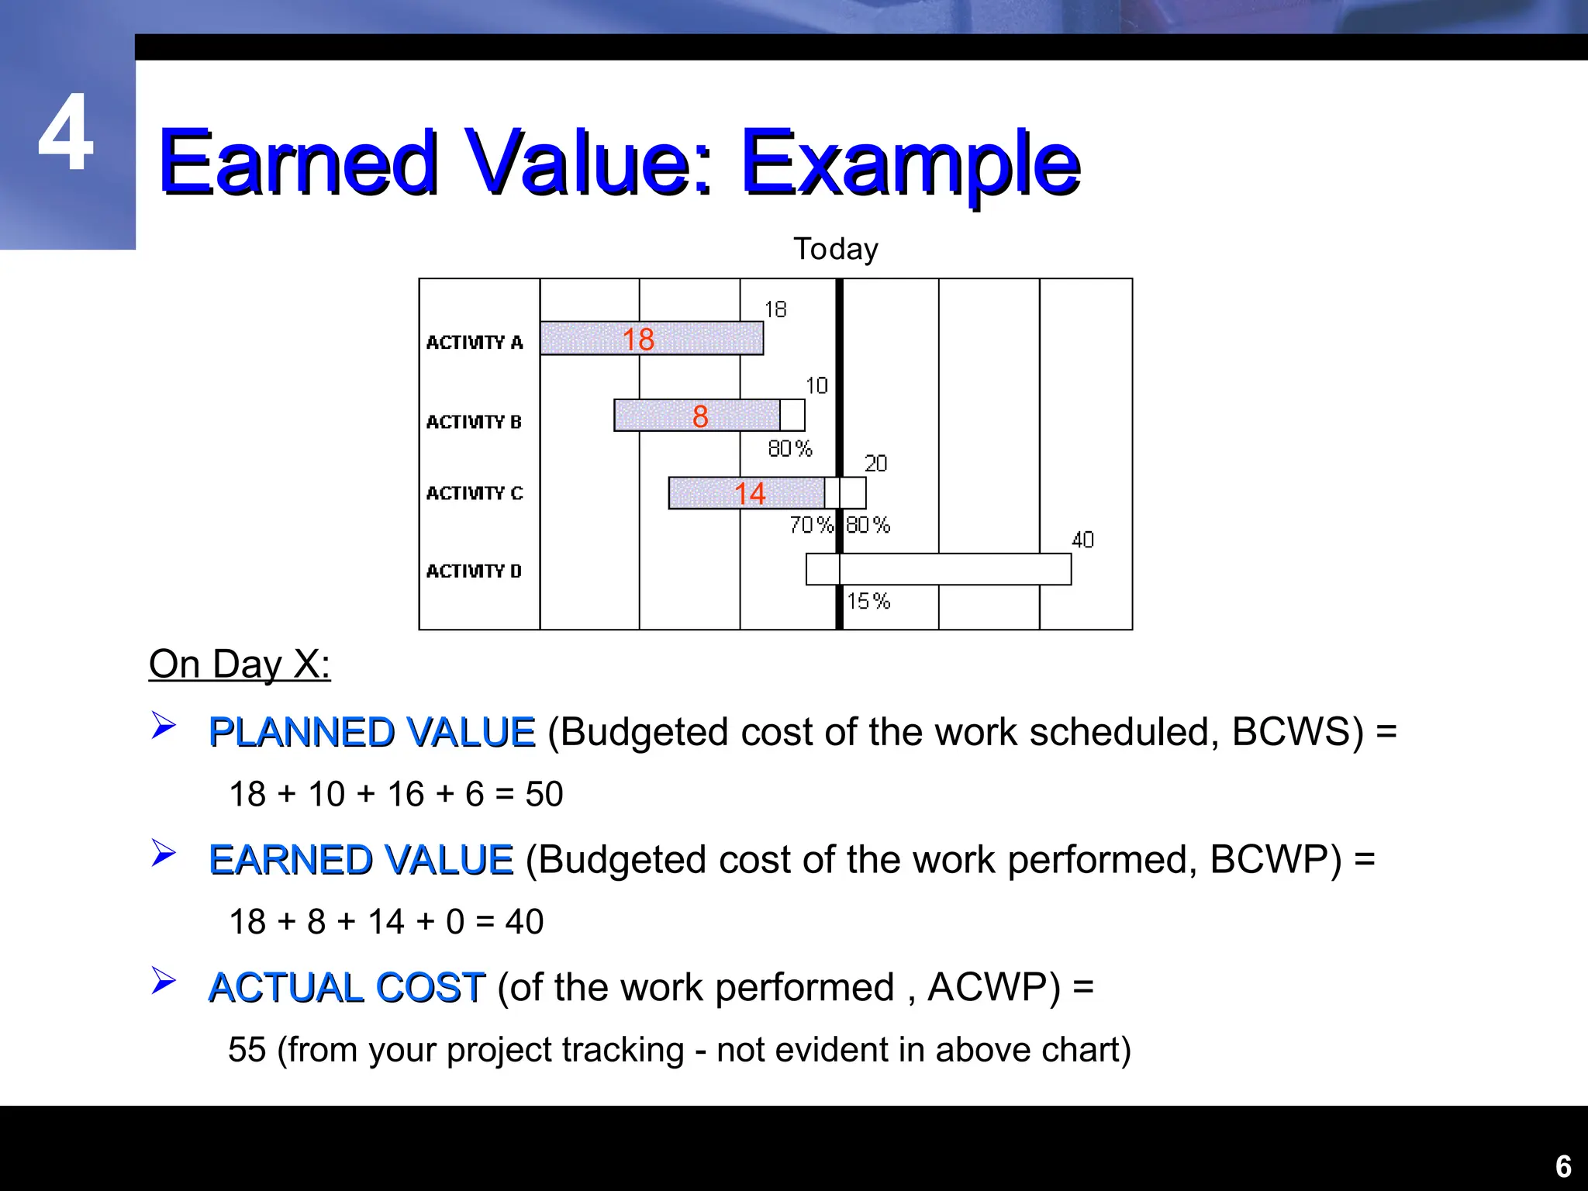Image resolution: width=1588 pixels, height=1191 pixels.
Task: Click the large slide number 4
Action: click(x=66, y=133)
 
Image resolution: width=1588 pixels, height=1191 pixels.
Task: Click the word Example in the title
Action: click(x=910, y=163)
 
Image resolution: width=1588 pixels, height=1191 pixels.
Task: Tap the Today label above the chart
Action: click(x=835, y=249)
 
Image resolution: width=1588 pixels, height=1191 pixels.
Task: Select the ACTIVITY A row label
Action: click(x=474, y=342)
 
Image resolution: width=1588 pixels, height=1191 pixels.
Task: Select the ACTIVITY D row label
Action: click(x=473, y=571)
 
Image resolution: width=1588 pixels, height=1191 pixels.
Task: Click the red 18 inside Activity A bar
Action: click(x=638, y=340)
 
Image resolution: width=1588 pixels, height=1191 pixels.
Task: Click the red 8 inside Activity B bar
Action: click(x=700, y=416)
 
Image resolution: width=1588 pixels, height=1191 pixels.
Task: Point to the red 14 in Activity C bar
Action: click(x=749, y=494)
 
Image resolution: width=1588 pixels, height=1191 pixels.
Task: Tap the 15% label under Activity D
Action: click(x=868, y=601)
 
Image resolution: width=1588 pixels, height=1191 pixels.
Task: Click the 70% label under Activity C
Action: click(x=810, y=525)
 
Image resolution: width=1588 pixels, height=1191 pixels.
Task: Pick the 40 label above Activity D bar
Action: click(x=1082, y=540)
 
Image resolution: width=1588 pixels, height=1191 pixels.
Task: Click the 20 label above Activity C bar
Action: click(x=875, y=464)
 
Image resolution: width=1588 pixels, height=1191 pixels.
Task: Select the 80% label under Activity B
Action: click(x=789, y=448)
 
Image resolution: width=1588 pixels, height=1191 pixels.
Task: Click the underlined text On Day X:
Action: click(x=240, y=665)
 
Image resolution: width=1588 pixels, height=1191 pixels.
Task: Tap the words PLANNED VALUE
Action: click(x=371, y=732)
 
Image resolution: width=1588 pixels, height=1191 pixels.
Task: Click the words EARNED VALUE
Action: click(x=361, y=860)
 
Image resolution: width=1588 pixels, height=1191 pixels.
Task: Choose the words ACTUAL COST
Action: click(x=347, y=988)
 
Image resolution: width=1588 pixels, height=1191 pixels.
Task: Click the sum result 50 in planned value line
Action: click(x=544, y=795)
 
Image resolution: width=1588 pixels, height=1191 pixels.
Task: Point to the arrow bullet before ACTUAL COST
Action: click(x=164, y=981)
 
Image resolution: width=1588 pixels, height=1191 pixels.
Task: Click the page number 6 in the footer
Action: click(x=1563, y=1166)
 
